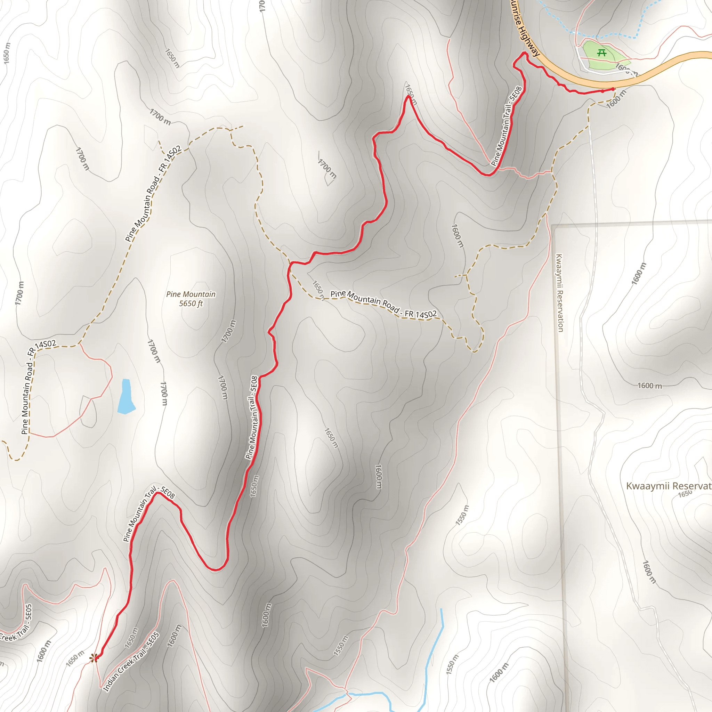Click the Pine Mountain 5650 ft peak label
[191, 299]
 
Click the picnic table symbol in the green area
[602, 53]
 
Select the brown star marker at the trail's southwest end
[94, 657]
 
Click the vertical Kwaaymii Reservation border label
[559, 293]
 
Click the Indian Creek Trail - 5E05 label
[131, 662]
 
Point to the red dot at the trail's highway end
[613, 89]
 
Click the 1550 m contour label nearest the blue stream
[452, 664]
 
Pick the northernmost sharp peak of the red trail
[408, 97]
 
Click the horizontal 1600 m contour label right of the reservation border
[650, 386]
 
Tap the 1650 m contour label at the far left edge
[7, 54]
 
